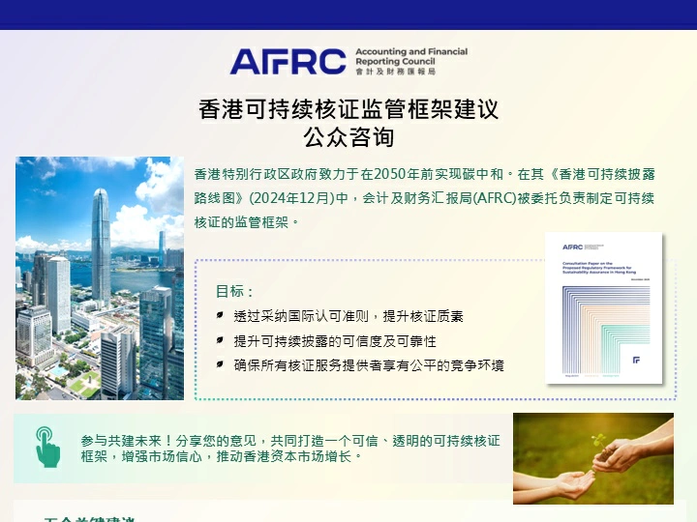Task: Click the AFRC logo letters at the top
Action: click(287, 61)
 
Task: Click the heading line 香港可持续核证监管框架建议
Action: click(348, 109)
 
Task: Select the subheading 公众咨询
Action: click(348, 136)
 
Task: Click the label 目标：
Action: click(235, 291)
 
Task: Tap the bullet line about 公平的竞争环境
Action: click(368, 365)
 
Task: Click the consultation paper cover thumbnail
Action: click(603, 306)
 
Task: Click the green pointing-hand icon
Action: click(46, 446)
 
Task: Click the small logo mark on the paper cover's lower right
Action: click(636, 360)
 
